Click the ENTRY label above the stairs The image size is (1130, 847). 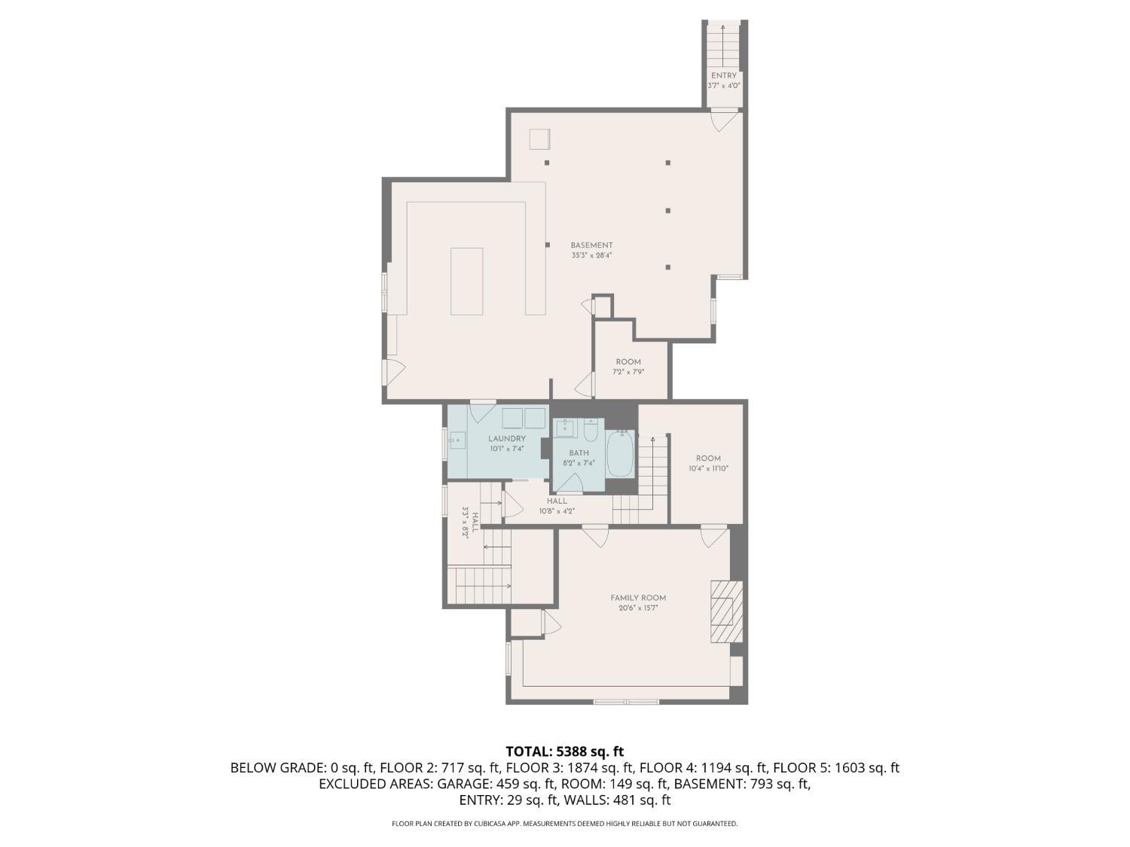[723, 75]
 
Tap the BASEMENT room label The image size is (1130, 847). [591, 245]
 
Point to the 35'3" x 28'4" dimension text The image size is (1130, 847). [591, 255]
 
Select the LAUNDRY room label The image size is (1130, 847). [506, 439]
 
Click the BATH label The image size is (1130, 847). [579, 453]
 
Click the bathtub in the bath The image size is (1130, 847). [621, 454]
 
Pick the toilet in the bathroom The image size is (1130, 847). [591, 430]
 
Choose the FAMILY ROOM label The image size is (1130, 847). [638, 598]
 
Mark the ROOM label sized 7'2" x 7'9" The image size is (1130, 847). [628, 362]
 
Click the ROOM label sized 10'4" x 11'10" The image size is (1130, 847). [708, 459]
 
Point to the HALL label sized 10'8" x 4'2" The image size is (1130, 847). [557, 501]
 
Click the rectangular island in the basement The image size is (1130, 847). [466, 281]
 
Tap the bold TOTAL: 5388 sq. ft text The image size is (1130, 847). [564, 751]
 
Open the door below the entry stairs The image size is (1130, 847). [724, 119]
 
